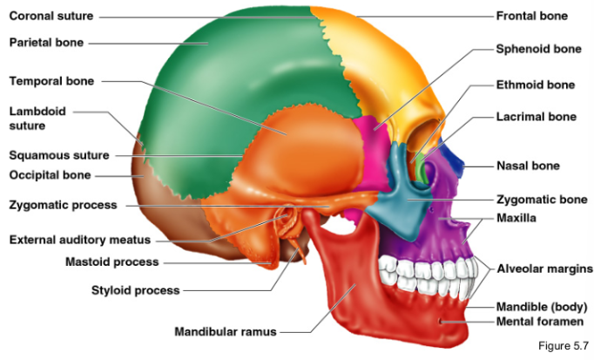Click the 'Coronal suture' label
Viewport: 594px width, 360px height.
click(x=51, y=16)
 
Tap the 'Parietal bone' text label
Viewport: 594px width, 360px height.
click(x=45, y=42)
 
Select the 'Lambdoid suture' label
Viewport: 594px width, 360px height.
click(x=37, y=119)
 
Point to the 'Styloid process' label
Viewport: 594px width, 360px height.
click(x=135, y=290)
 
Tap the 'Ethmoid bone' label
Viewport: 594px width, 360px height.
click(x=535, y=85)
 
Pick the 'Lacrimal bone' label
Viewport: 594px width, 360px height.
click(x=536, y=116)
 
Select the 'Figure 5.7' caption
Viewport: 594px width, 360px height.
click(x=564, y=348)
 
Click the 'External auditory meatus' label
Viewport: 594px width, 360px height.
click(x=79, y=240)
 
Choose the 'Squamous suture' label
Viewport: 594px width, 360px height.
click(x=59, y=156)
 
